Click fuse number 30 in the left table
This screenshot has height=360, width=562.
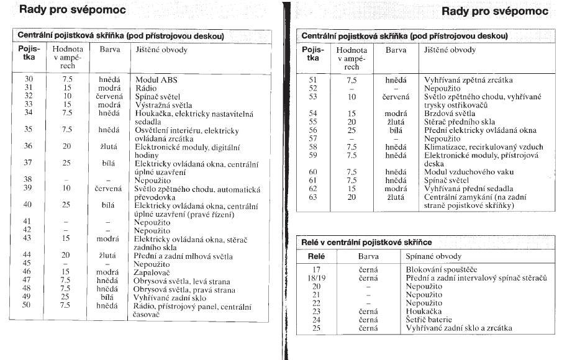(29, 80)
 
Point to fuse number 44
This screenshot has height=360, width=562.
(28, 254)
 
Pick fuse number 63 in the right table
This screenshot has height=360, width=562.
(313, 197)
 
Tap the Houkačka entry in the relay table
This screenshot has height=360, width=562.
(424, 312)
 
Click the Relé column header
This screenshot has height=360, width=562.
(316, 256)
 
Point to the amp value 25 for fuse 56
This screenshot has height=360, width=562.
(352, 131)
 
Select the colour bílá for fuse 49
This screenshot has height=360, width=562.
(109, 298)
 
